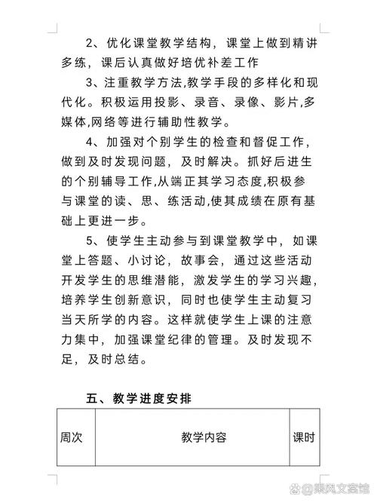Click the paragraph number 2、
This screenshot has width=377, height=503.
pyautogui.click(x=91, y=42)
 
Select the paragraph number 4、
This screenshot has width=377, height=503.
pyautogui.click(x=91, y=143)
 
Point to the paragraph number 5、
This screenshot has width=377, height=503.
pyautogui.click(x=91, y=242)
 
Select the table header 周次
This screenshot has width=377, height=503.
pyautogui.click(x=72, y=437)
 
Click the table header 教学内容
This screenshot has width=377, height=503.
pyautogui.click(x=204, y=437)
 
